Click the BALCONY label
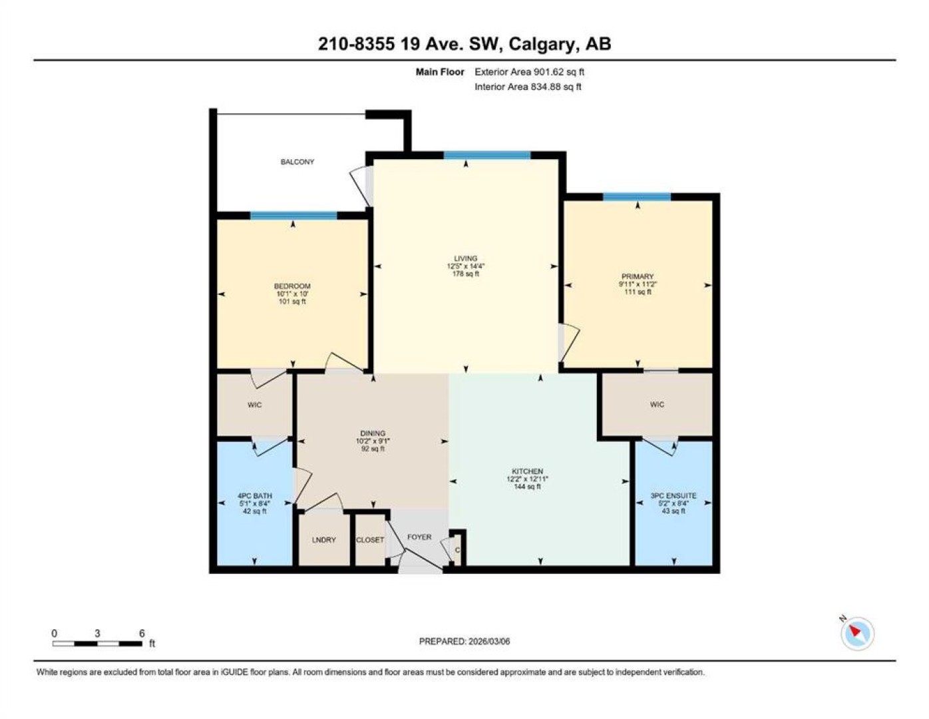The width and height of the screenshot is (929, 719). pos(297,162)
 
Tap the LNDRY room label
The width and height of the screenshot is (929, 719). pos(323,540)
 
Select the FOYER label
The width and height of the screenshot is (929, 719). pos(419,537)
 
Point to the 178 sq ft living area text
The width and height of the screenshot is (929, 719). pos(466,274)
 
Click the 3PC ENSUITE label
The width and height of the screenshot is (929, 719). pos(673,496)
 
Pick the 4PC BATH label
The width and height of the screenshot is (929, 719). pos(255,496)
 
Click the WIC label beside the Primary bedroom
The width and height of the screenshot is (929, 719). pos(657,404)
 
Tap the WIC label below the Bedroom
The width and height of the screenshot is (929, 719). pos(254,405)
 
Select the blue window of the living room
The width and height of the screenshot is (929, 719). pos(487,155)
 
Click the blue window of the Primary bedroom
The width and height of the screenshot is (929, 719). pos(637,197)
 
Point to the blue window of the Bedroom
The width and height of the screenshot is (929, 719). pos(293,216)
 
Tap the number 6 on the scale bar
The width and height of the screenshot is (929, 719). pos(142,633)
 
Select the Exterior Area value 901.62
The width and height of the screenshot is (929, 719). pos(547,72)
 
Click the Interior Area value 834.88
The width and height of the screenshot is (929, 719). pos(546,87)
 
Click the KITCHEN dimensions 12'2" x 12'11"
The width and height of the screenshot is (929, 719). pos(527,479)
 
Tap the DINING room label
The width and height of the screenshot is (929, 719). pos(373,433)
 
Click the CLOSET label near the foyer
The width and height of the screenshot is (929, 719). pos(370,540)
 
